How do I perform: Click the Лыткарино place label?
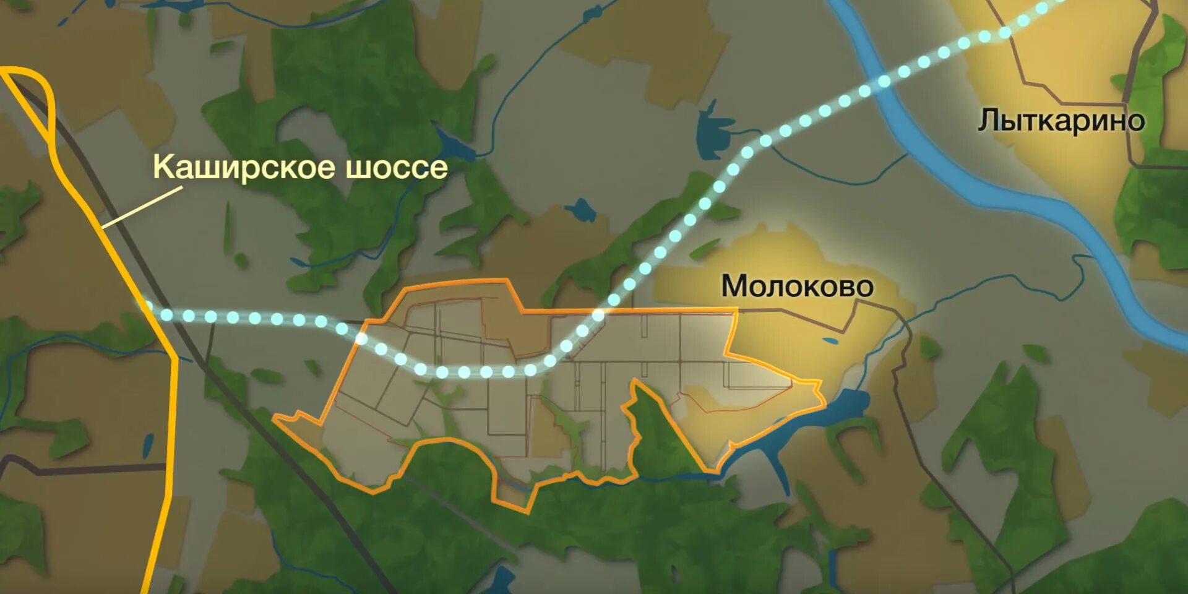(1061, 121)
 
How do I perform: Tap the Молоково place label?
(797, 286)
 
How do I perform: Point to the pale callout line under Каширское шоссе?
(142, 207)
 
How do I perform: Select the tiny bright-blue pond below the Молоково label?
(830, 340)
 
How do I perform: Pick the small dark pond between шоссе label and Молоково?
(582, 210)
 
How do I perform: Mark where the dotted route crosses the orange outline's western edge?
(361, 338)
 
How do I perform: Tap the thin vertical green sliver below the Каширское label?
(226, 229)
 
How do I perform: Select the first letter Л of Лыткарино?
(989, 121)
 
